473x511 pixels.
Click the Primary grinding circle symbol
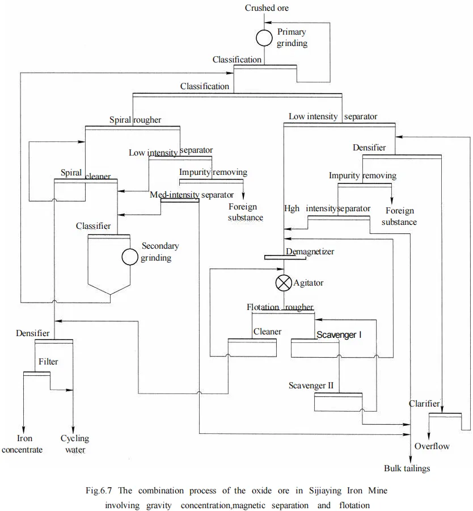coord(264,38)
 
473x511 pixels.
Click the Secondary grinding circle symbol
coord(130,257)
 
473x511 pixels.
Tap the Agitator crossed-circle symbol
coord(283,282)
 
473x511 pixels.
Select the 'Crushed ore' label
coord(267,8)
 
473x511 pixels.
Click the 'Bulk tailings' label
coord(407,468)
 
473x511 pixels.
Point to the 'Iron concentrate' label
coord(23,444)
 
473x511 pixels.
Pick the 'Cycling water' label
coord(75,444)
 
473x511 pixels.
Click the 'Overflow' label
coord(432,446)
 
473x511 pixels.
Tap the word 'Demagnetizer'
coord(310,251)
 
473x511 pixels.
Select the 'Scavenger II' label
coord(311,386)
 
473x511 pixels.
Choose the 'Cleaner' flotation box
coord(252,348)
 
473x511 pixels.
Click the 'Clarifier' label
coord(424,404)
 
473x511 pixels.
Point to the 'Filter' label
coord(48,361)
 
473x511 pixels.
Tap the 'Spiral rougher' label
coord(135,120)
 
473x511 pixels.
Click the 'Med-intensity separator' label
coord(184,195)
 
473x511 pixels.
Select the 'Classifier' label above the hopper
coord(94,226)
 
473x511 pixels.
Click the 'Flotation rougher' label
coord(280,307)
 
